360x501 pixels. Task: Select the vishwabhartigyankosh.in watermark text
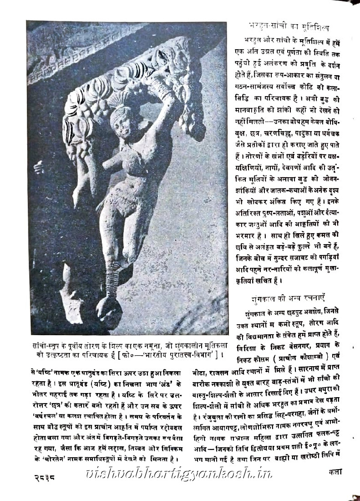pyautogui.click(x=178, y=474)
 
